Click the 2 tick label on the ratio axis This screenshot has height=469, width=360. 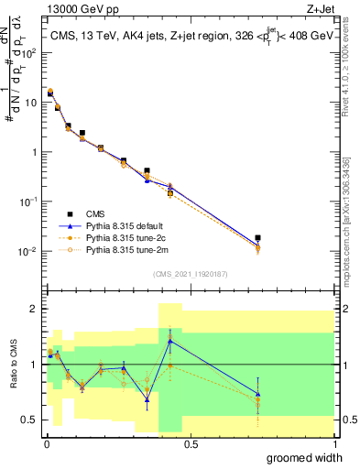click(x=33, y=309)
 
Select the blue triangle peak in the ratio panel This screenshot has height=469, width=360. click(x=170, y=341)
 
